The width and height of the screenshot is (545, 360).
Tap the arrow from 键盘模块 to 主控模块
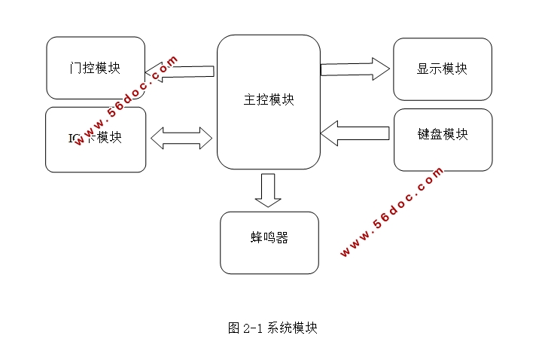click(x=355, y=134)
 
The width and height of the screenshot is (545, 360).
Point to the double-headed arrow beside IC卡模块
click(x=181, y=138)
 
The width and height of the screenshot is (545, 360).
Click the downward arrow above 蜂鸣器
click(x=267, y=190)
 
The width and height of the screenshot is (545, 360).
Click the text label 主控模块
click(x=269, y=100)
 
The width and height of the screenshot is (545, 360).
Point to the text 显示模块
click(x=442, y=69)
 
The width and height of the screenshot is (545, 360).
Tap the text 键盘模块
click(x=443, y=135)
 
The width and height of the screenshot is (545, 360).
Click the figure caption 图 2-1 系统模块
click(x=272, y=328)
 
